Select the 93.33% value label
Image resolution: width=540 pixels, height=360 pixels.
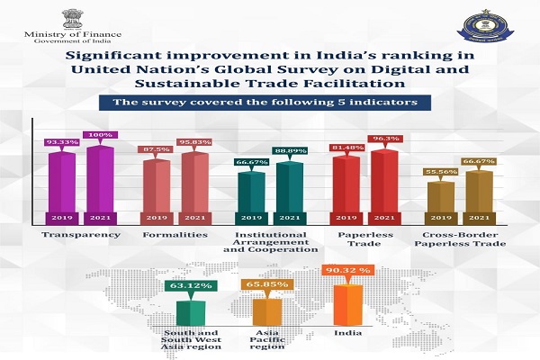tap(62, 142)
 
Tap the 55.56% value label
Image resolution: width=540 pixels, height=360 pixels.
tap(440, 171)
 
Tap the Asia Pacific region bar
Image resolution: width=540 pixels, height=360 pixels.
tap(265, 310)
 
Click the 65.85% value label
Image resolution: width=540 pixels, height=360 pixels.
tap(267, 286)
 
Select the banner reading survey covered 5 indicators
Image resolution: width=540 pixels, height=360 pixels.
tap(269, 103)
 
